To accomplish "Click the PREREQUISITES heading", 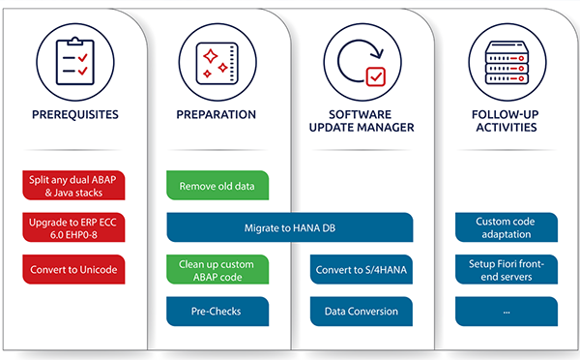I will click(x=73, y=114).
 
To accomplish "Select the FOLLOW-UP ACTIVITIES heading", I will click(x=506, y=122).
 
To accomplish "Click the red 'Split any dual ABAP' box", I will click(x=72, y=185).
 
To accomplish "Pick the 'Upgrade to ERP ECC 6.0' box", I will click(x=72, y=226).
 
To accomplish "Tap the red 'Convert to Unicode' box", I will click(x=72, y=268).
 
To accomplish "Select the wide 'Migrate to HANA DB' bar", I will click(x=290, y=227).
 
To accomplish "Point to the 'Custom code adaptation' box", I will click(x=506, y=227).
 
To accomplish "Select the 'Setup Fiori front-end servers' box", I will click(x=506, y=269).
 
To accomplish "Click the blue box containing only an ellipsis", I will click(x=506, y=312).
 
